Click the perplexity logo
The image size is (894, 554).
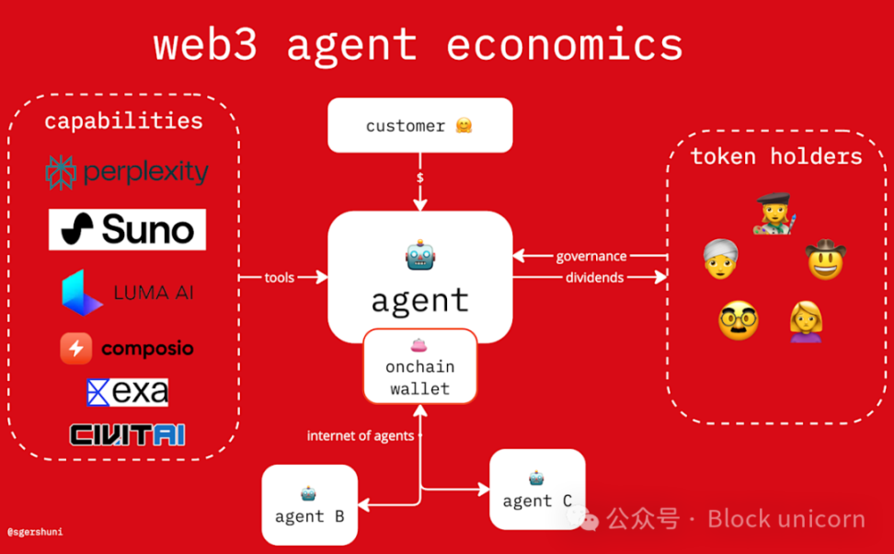127,172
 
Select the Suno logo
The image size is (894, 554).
127,229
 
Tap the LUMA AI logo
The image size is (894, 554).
128,294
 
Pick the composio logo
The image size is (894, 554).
127,349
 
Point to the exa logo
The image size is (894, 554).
127,393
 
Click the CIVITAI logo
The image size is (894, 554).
127,434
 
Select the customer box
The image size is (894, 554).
419,125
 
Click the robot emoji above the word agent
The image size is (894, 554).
419,255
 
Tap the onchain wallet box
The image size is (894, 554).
419,366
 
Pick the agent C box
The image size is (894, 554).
537,490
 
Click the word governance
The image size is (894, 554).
590,256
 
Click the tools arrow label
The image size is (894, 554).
280,277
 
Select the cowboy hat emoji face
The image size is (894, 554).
825,260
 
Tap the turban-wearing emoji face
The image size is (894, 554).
721,260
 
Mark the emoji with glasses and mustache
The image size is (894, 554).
738,321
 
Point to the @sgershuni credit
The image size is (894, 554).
35,532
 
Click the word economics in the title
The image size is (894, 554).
564,44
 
